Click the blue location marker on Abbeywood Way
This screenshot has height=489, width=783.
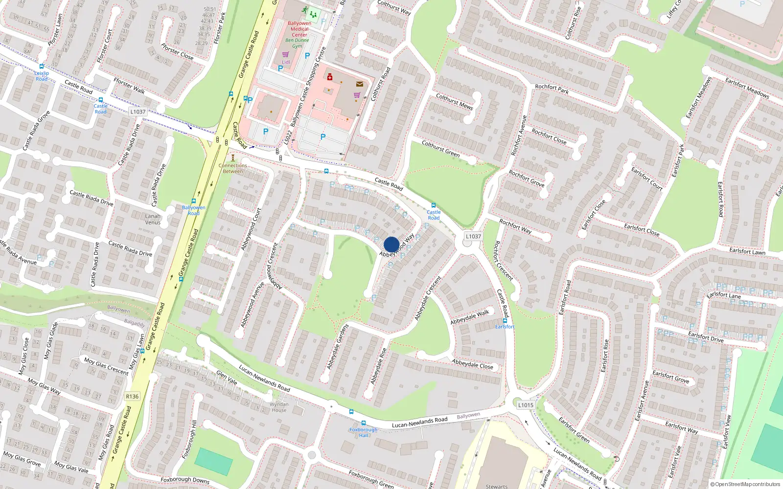pyautogui.click(x=391, y=244)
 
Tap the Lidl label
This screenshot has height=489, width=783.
pyautogui.click(x=286, y=62)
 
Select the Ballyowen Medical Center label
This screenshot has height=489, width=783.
pyautogui.click(x=299, y=29)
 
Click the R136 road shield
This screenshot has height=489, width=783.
pyautogui.click(x=132, y=397)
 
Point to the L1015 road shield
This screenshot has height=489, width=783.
pyautogui.click(x=526, y=405)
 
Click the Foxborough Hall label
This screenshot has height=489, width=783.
pyautogui.click(x=363, y=432)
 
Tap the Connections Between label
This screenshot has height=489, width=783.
pyautogui.click(x=233, y=168)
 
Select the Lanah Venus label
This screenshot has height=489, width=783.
pyautogui.click(x=153, y=219)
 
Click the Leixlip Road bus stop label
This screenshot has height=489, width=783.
pyautogui.click(x=42, y=76)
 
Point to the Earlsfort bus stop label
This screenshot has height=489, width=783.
pyautogui.click(x=505, y=327)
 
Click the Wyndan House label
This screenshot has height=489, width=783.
pyautogui.click(x=279, y=407)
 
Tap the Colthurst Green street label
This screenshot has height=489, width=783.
pyautogui.click(x=440, y=149)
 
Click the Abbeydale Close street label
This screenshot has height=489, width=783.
pyautogui.click(x=472, y=364)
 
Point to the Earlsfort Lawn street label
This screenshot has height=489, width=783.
pyautogui.click(x=747, y=251)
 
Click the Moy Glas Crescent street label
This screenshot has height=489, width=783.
pyautogui.click(x=106, y=366)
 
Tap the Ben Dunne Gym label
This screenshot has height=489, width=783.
pyautogui.click(x=297, y=43)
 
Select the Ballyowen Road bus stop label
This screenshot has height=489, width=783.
pyautogui.click(x=194, y=210)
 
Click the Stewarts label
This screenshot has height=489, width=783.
pyautogui.click(x=497, y=486)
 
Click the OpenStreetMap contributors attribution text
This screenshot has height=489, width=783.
pyautogui.click(x=745, y=484)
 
